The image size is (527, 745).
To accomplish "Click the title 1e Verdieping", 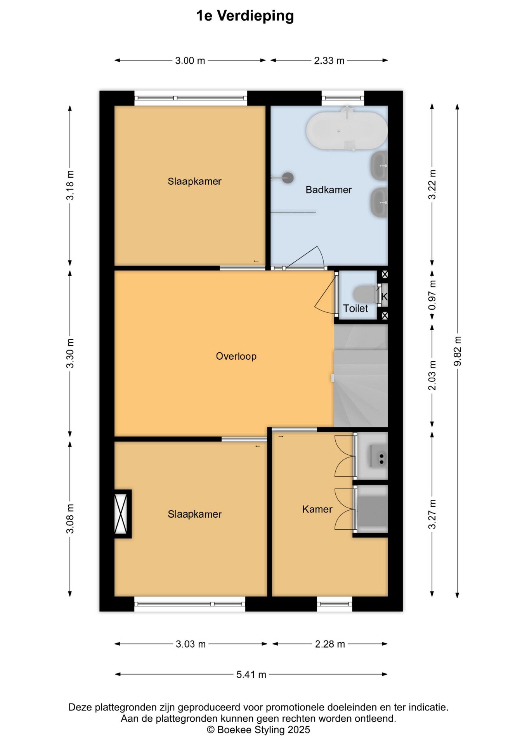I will tap(245, 16).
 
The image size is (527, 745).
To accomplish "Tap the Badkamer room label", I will tap(328, 190).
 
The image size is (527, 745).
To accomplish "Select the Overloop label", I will tap(236, 356).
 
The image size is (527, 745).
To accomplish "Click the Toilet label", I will tap(355, 308).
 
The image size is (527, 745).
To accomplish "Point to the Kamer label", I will tap(317, 509).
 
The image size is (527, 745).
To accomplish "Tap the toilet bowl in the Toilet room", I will tap(364, 294).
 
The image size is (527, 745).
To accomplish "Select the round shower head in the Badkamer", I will tap(288, 178).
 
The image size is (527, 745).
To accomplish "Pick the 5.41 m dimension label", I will tap(251, 674).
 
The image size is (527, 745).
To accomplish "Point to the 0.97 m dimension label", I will tap(432, 295).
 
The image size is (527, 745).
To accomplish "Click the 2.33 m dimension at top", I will tap(329, 61).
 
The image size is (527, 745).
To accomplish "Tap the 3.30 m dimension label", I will tap(70, 353).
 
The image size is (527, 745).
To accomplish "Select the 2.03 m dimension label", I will tap(432, 375).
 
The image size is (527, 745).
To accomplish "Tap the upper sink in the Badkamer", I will tap(380, 166).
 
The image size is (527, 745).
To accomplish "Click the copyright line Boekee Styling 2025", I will tap(258, 730).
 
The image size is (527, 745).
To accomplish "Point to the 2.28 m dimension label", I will tap(329, 644).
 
